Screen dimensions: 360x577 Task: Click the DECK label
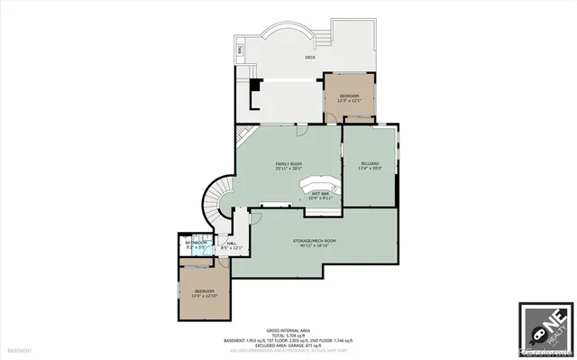pyautogui.click(x=310, y=57)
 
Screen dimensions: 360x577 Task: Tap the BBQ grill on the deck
pyautogui.click(x=239, y=49)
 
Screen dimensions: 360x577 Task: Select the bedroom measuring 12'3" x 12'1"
pyautogui.click(x=350, y=97)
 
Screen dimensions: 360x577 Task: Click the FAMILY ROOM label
pyautogui.click(x=288, y=162)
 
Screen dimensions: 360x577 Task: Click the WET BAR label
pyautogui.click(x=321, y=193)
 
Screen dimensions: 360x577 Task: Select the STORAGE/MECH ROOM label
pyautogui.click(x=315, y=241)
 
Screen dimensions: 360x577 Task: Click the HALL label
pyautogui.click(x=232, y=243)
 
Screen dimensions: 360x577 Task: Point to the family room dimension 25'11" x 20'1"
pyautogui.click(x=288, y=168)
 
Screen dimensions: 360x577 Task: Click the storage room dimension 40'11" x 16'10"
pyautogui.click(x=315, y=246)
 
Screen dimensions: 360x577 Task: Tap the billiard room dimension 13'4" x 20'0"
pyautogui.click(x=371, y=168)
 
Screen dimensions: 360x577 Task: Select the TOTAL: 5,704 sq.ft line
pyautogui.click(x=288, y=336)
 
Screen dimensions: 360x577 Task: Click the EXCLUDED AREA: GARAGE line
pyautogui.click(x=288, y=345)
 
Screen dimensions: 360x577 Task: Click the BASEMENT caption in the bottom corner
pyautogui.click(x=21, y=350)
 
